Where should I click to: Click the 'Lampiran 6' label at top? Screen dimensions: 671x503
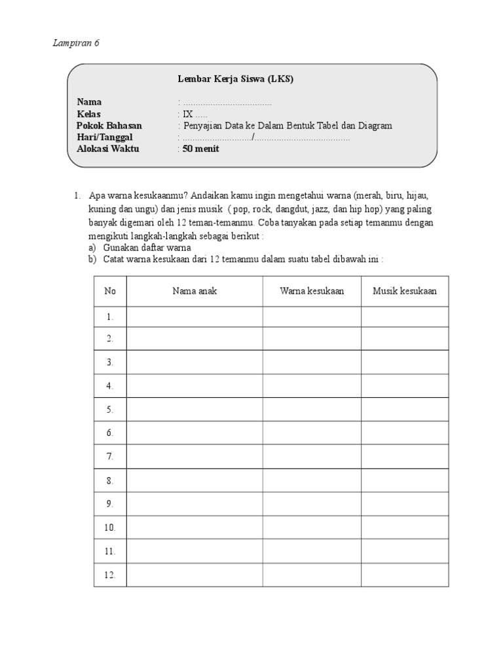75,43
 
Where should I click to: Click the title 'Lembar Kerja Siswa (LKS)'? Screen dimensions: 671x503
236,79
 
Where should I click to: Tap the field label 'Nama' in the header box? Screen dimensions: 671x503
89,102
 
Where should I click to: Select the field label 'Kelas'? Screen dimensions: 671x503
89,114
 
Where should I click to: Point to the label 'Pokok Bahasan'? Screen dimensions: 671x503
109,126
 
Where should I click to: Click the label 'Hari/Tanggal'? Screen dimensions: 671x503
105,137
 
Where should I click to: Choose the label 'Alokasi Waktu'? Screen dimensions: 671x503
108,149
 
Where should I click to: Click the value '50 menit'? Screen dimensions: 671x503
201,149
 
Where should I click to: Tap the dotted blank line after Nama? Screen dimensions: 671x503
227,104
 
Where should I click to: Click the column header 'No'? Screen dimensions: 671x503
110,291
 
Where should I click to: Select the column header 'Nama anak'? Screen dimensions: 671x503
195,291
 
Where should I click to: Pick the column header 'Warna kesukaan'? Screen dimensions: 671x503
312,291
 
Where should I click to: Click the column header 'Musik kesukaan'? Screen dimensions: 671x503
405,291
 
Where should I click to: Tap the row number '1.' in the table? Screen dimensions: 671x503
110,316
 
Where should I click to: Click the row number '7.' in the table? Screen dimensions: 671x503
110,456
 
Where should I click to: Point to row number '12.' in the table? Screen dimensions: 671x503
110,575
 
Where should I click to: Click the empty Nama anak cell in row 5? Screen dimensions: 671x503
195,409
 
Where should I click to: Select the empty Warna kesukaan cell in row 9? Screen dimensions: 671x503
312,503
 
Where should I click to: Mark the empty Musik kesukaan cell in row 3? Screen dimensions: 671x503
405,362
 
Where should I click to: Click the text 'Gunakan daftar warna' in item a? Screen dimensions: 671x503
147,248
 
